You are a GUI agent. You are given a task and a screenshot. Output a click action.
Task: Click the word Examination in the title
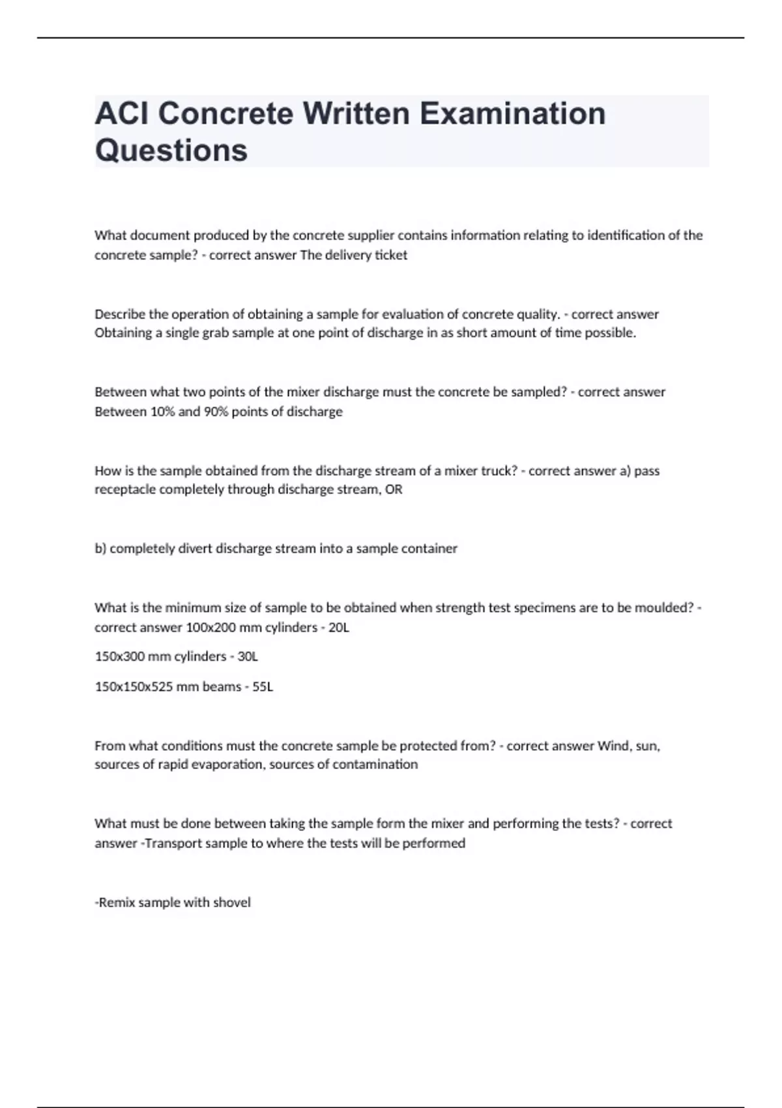pyautogui.click(x=512, y=113)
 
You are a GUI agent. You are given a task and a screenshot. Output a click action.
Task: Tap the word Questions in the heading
pyautogui.click(x=171, y=150)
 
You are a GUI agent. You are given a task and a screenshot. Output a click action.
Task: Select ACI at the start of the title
pyautogui.click(x=121, y=113)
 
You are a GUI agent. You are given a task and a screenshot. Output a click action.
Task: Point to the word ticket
pyautogui.click(x=391, y=255)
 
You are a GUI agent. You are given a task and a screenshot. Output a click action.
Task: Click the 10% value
pyautogui.click(x=163, y=412)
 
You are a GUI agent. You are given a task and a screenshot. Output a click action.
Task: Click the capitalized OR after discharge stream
pyautogui.click(x=394, y=489)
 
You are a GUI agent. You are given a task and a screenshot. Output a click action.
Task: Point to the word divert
pyautogui.click(x=195, y=549)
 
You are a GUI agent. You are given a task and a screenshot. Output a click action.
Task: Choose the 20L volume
pyautogui.click(x=339, y=628)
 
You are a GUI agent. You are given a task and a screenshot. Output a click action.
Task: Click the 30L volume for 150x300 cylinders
pyautogui.click(x=248, y=656)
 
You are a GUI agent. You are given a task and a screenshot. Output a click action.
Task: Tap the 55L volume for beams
pyautogui.click(x=263, y=687)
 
